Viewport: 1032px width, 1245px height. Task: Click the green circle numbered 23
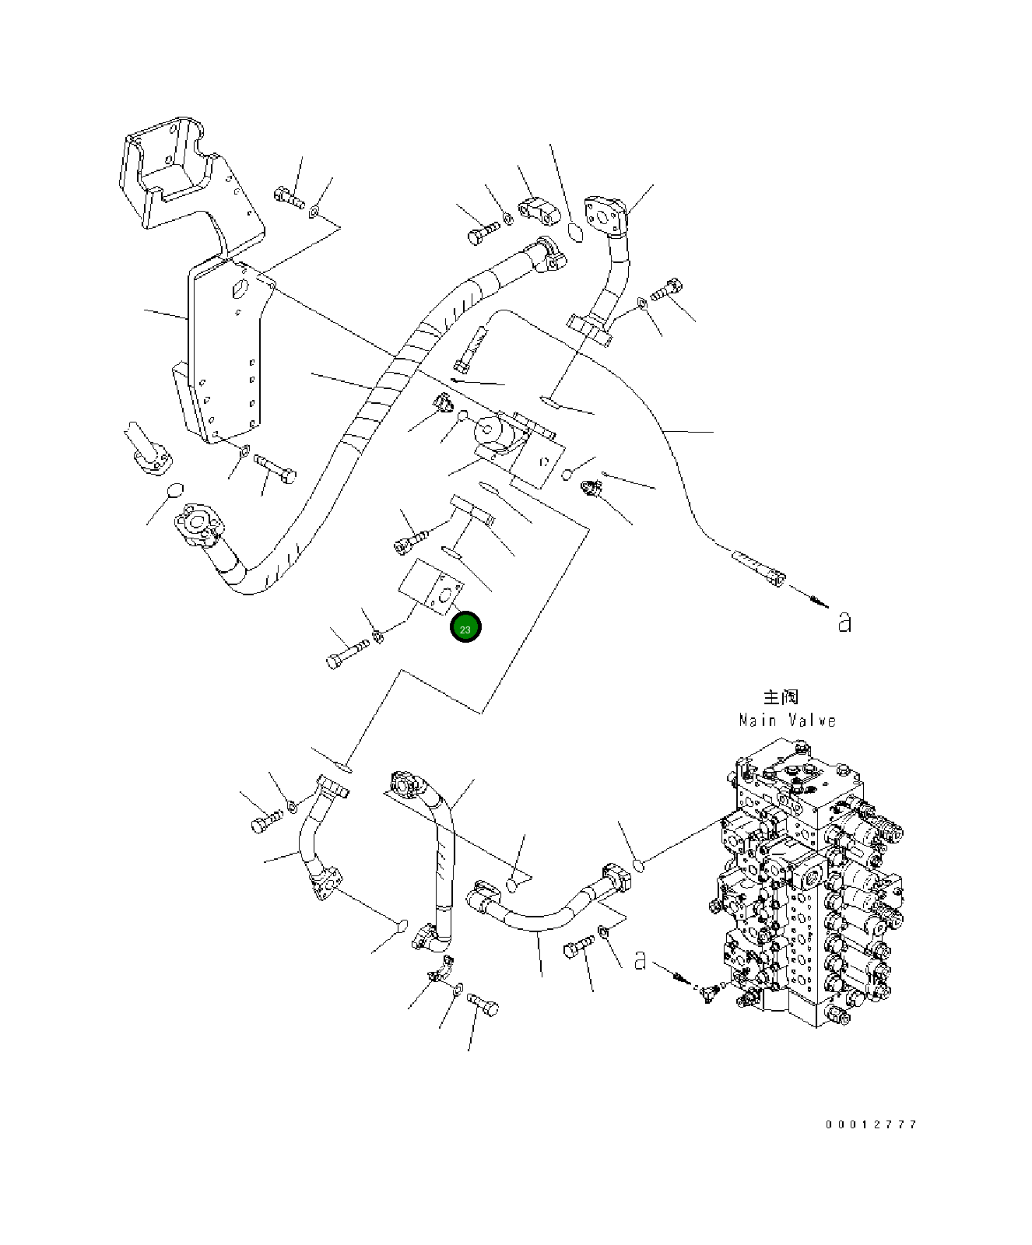pos(465,629)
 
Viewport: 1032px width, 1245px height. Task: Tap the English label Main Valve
pos(787,721)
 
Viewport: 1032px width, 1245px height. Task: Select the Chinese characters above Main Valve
pos(781,696)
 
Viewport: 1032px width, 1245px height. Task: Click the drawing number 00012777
pos(871,1124)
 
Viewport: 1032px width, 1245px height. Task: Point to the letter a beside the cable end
pos(844,622)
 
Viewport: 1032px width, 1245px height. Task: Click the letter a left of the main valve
pos(640,960)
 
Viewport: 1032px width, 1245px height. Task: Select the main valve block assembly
pos(809,887)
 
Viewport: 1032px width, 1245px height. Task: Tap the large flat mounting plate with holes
pos(226,350)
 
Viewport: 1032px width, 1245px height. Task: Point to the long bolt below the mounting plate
pos(275,468)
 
